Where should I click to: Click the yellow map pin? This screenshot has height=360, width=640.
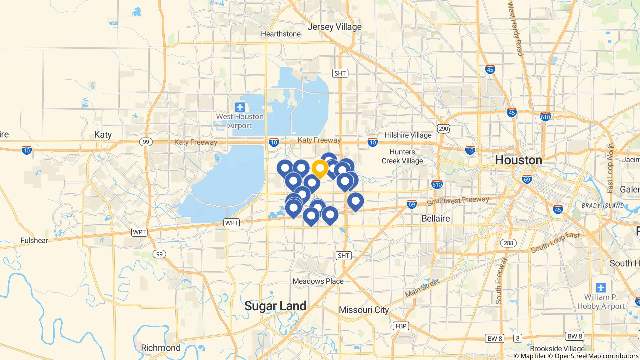coord(320,168)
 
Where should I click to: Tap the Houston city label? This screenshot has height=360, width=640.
coord(518,160)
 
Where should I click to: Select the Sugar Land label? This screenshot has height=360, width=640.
coord(275,306)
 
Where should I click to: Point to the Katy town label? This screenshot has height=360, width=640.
coord(103,135)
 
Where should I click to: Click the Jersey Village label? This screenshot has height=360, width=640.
coord(334,27)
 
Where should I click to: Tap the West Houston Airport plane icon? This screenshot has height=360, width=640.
coord(240,107)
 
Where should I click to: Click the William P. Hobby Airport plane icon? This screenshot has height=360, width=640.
coord(601,287)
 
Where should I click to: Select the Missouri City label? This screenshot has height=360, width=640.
coord(364,310)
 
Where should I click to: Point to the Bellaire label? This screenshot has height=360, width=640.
coord(436,218)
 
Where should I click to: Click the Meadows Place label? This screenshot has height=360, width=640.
coord(318,281)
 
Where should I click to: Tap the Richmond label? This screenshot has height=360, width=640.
coord(161,348)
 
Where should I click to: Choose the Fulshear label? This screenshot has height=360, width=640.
coord(34,240)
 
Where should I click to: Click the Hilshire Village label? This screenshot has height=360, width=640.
coord(408,135)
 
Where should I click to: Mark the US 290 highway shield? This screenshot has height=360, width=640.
coord(444,128)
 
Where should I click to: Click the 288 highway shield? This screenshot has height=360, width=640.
coord(508,243)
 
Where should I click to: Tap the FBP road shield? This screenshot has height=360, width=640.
coord(401,326)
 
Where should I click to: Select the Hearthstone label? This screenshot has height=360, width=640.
coord(281,34)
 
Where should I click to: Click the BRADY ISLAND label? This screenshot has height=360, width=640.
coord(603,206)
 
